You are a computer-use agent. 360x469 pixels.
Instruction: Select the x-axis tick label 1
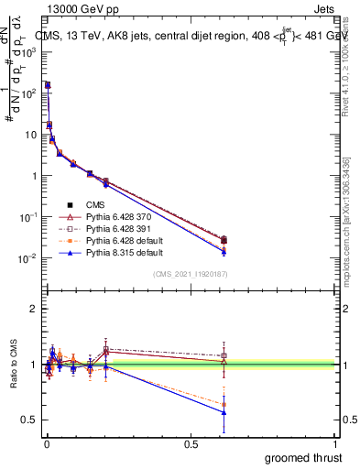point(336,442)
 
